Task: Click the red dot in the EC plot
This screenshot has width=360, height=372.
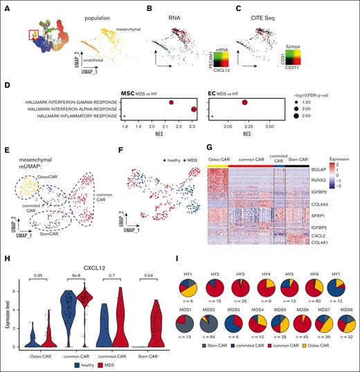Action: (x=245, y=102)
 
